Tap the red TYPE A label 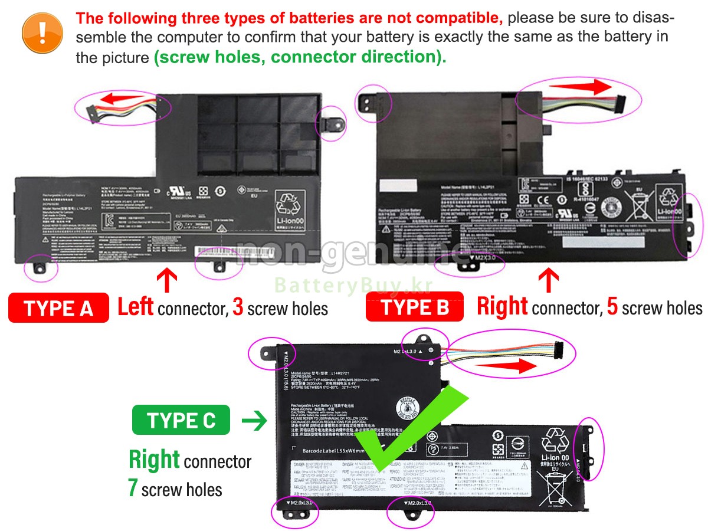58,307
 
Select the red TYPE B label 415,307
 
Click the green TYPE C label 181,420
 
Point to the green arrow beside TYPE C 254,421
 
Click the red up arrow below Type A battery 167,280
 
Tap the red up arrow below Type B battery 549,280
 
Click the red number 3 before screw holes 238,307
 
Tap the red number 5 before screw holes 612,307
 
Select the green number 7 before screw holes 133,489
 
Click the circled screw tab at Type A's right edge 331,122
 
